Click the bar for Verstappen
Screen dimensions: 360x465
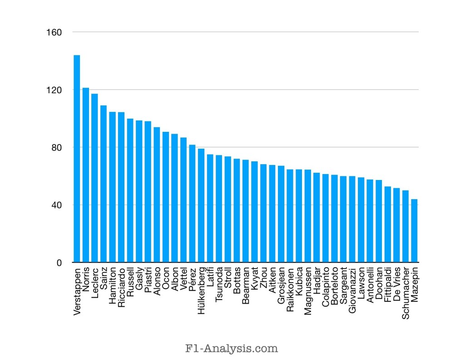click(x=77, y=159)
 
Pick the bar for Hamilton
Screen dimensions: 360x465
click(x=112, y=187)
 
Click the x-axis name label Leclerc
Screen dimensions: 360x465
click(x=94, y=282)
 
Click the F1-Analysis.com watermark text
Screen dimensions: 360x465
click(x=232, y=349)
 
